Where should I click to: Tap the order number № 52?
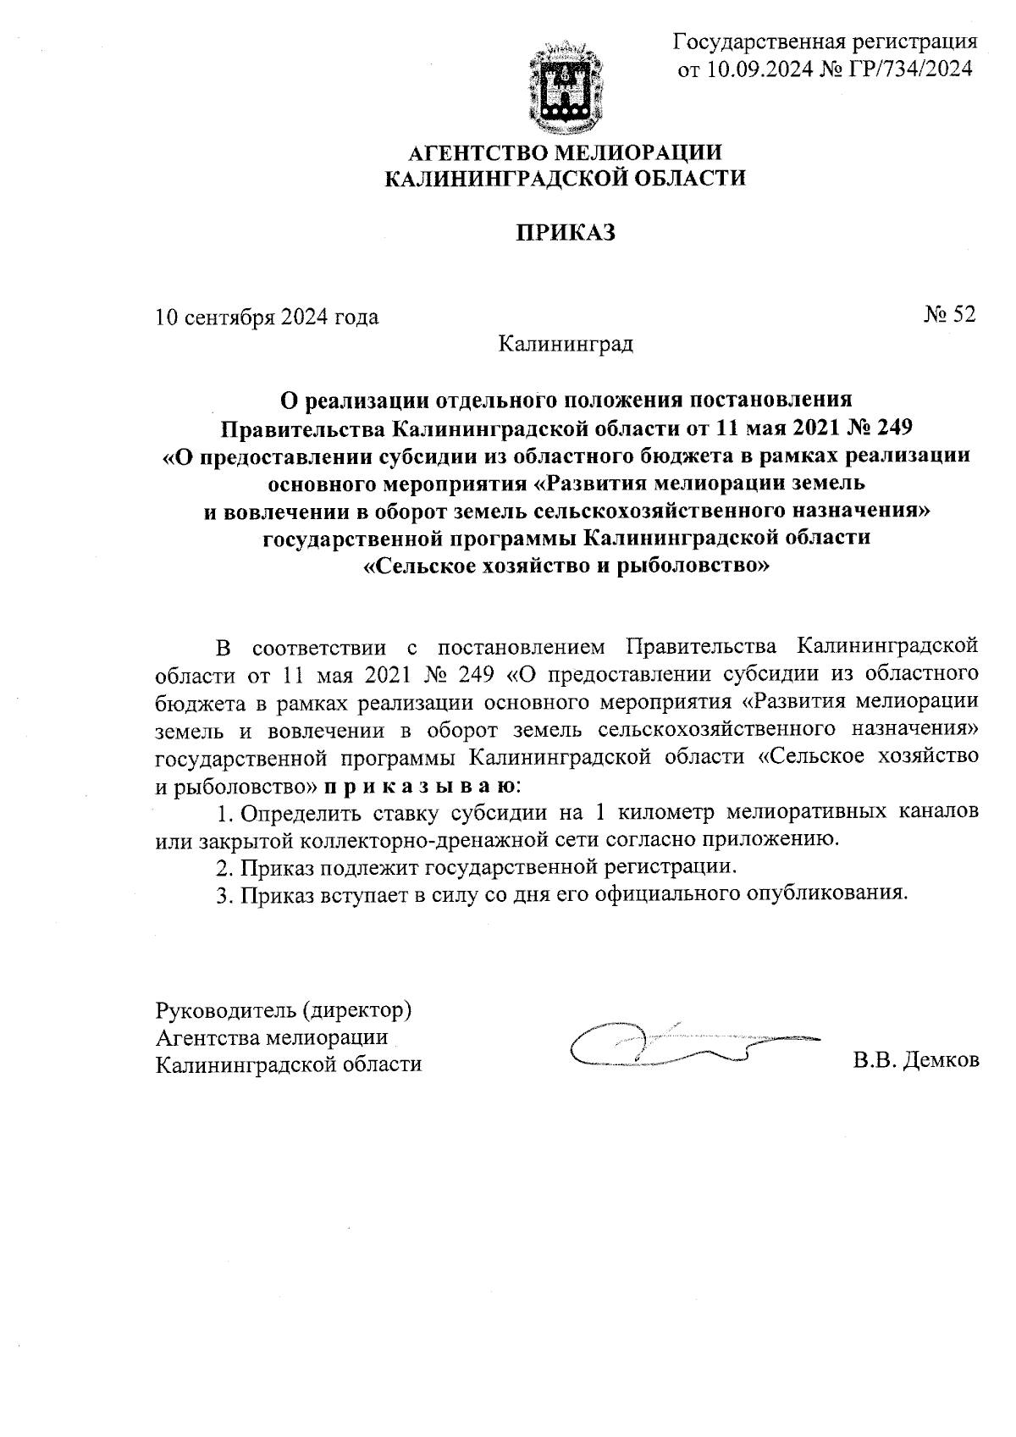[x=949, y=314]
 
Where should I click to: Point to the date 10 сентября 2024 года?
[x=268, y=318]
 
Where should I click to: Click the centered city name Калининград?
[x=566, y=345]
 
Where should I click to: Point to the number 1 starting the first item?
[x=223, y=813]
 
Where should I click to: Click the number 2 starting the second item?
[x=223, y=868]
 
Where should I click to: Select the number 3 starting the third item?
[x=223, y=895]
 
